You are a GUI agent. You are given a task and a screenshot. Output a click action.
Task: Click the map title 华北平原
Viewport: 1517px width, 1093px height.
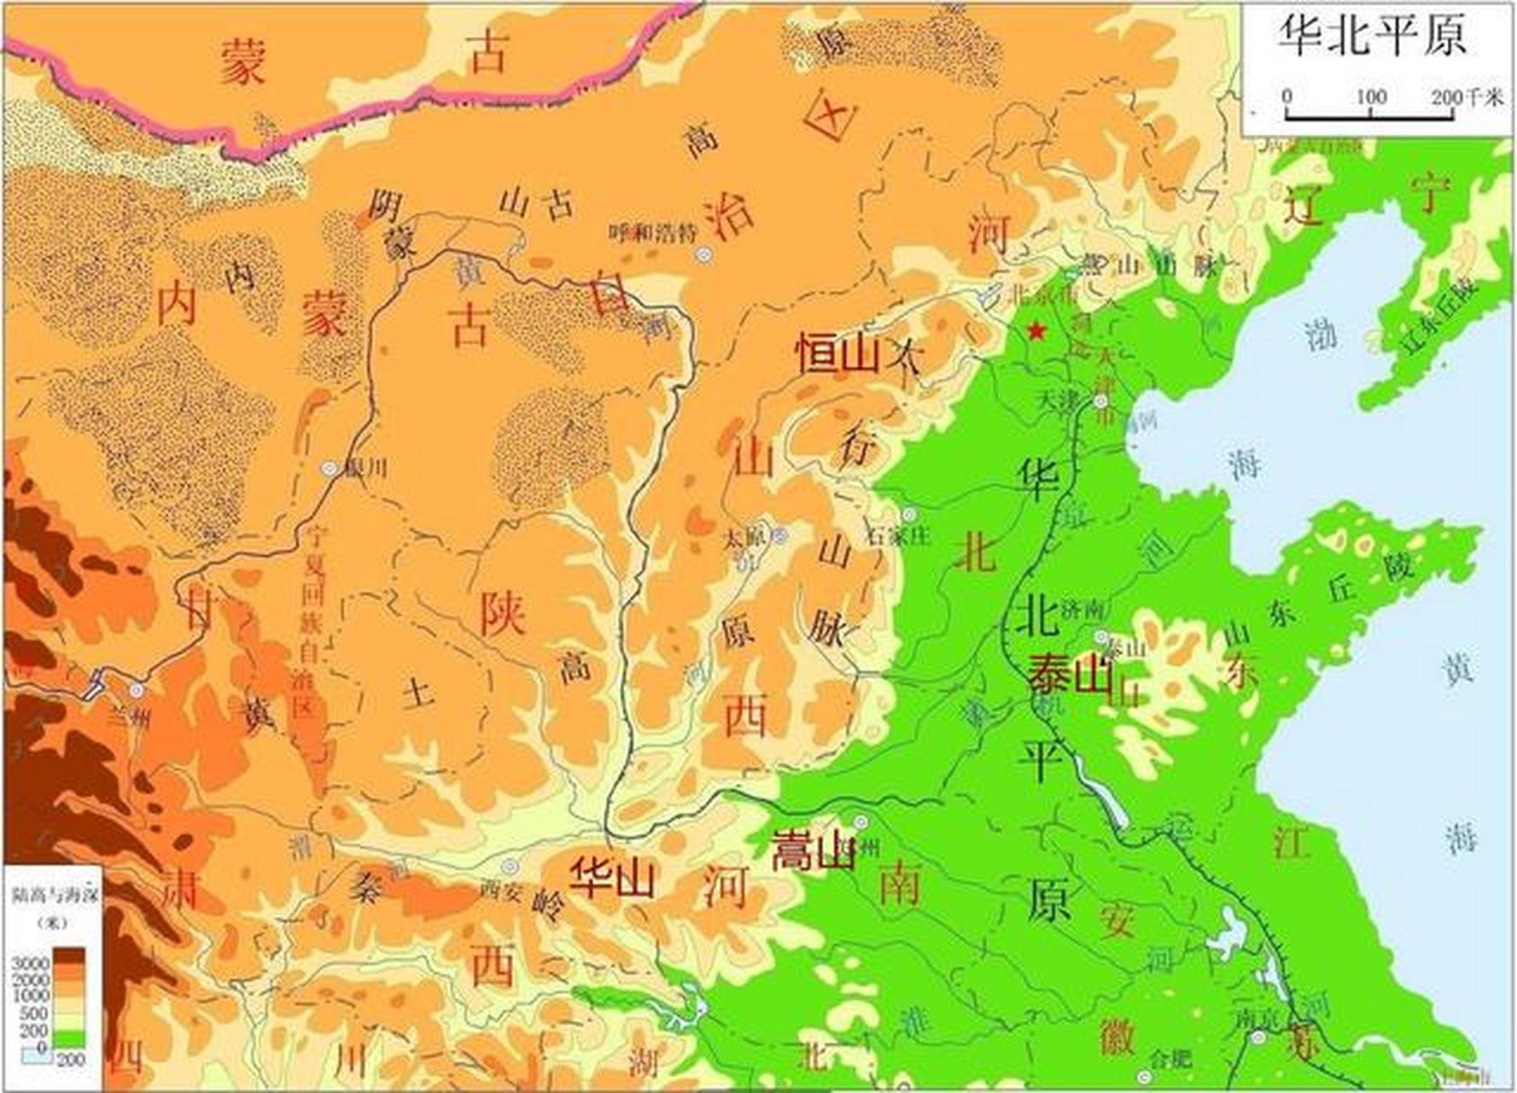[x=1371, y=36]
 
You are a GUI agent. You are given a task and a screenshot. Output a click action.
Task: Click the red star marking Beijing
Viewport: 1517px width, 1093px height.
[x=1036, y=330]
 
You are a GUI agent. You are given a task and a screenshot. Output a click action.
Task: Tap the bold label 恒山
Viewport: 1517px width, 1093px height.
[x=837, y=353]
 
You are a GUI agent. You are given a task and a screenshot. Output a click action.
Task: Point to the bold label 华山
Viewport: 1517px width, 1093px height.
[x=613, y=877]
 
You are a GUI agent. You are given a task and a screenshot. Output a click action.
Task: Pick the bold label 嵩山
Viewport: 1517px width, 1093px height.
[x=812, y=850]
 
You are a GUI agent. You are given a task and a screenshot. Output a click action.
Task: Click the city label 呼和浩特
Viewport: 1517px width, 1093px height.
[x=652, y=232]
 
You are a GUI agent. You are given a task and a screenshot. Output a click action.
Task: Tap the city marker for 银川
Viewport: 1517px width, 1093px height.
[x=330, y=468]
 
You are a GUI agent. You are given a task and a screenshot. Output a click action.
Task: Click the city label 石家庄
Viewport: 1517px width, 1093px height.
[x=898, y=536]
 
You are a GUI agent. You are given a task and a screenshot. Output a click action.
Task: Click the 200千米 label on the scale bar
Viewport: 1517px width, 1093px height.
[x=1467, y=97]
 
